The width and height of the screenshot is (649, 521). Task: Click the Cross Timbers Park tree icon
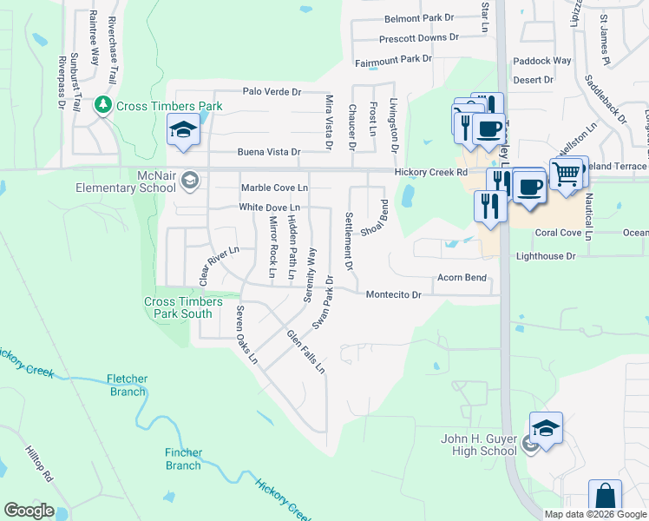pos(103,105)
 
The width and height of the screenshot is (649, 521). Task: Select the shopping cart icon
pos(567,175)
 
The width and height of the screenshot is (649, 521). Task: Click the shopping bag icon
pos(605,498)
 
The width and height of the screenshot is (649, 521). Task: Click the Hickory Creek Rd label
pos(431,173)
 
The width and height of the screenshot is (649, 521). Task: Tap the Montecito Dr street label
pos(393,295)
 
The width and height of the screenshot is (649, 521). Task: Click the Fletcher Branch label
pos(128,386)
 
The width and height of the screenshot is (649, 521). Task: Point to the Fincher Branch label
pos(184,459)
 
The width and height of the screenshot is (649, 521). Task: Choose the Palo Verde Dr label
pos(272,91)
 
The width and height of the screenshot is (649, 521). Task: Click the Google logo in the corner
pos(29,511)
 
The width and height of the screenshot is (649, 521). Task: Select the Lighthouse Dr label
pos(546,256)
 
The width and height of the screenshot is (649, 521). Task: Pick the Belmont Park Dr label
pos(420,18)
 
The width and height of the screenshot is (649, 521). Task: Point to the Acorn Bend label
pos(461,278)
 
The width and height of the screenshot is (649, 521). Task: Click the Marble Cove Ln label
pos(274,188)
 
